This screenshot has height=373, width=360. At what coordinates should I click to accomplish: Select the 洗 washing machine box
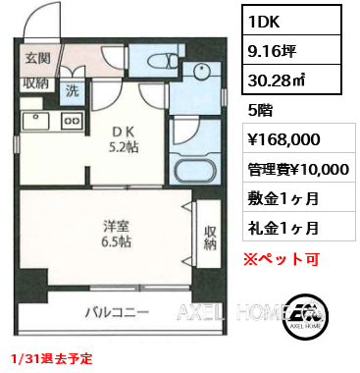74,90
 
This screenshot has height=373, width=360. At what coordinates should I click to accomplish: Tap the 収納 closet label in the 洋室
209,238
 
